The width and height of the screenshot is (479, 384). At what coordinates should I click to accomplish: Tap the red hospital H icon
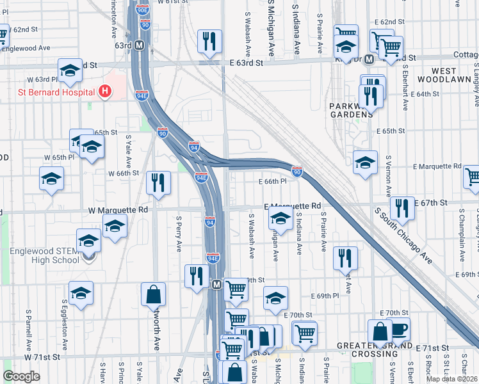(105, 92)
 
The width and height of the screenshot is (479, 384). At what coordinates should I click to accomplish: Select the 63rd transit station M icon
(138, 46)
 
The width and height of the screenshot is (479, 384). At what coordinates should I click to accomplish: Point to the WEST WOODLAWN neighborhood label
(443, 75)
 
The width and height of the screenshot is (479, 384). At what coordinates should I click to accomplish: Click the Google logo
(22, 376)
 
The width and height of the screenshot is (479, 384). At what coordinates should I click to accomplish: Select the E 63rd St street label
(247, 63)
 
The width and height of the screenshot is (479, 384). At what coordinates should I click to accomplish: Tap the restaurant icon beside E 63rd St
(209, 42)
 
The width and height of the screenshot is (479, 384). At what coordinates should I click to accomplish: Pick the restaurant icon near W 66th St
(158, 182)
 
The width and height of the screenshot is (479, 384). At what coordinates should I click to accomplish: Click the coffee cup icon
(399, 329)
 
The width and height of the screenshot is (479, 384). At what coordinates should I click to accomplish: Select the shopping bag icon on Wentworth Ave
(154, 294)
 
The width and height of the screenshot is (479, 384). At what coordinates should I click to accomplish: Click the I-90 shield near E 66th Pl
(297, 172)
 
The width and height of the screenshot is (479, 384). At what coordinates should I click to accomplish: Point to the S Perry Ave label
(179, 234)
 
